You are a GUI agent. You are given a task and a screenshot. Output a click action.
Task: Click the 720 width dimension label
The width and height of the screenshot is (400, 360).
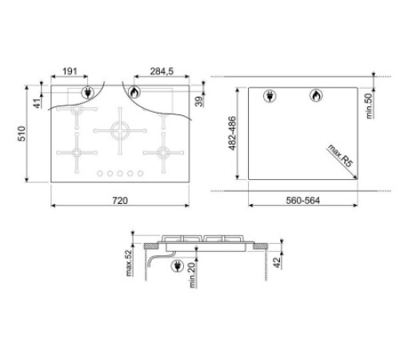120,200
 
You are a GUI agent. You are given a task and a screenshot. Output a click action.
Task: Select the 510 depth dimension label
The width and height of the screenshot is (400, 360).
22,134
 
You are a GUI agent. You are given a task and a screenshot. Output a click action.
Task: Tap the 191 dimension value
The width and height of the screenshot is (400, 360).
70,71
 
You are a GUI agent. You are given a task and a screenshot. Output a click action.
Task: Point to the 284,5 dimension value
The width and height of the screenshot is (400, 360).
162,71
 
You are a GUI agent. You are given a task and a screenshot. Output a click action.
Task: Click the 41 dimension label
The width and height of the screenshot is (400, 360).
38,103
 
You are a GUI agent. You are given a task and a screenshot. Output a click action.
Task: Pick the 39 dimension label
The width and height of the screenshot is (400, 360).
199,102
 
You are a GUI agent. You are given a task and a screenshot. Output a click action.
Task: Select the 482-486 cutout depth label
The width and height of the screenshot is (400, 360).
232,133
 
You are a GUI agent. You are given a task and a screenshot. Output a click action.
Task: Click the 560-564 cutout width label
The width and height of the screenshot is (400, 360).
302,200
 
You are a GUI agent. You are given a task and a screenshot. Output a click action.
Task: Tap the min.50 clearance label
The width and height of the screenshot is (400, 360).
369,106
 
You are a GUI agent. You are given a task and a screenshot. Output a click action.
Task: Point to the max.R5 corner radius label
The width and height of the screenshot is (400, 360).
340,155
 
